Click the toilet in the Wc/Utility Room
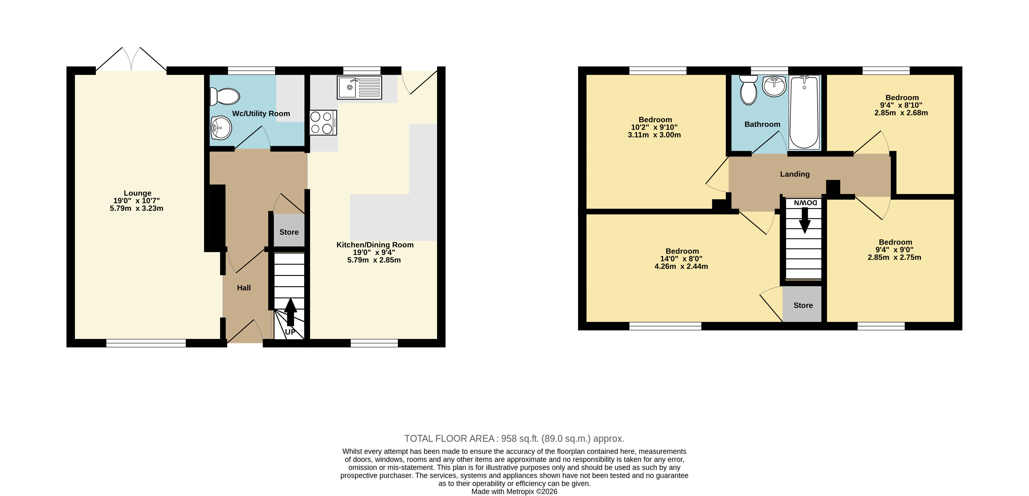click(225, 96)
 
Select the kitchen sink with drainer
click(359, 87)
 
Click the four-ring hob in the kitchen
click(323, 123)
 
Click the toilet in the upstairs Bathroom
click(748, 90)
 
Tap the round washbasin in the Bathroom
click(774, 86)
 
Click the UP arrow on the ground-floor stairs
click(290, 312)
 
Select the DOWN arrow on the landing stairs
click(805, 220)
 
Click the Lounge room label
click(137, 193)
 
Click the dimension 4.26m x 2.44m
click(681, 266)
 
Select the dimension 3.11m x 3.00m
click(654, 135)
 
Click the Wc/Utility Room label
click(261, 114)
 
